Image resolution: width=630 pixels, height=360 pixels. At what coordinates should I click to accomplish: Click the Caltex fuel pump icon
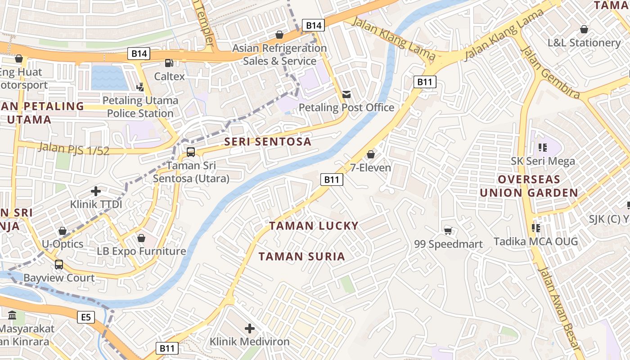169,63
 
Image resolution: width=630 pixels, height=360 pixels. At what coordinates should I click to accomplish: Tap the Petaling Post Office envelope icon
346,94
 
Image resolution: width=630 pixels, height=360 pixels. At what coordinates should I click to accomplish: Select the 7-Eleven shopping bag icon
371,155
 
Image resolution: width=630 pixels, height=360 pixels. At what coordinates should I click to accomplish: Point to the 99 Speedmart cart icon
448,231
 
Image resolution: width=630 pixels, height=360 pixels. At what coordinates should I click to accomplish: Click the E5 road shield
86,318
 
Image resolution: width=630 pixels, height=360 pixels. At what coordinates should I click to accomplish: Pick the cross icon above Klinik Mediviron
250,328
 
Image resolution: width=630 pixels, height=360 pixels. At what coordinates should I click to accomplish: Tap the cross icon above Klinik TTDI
96,191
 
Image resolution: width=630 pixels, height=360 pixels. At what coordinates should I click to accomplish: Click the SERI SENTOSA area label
268,142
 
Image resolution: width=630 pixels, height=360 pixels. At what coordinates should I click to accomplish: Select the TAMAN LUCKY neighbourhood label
314,226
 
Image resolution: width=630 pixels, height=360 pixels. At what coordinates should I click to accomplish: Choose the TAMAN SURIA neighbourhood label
302,256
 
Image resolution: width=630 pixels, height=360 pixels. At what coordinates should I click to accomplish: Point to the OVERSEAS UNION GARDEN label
529,186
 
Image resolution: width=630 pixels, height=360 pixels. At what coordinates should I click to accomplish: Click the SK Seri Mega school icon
542,148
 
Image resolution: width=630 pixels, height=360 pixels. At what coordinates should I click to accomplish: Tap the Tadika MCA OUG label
535,242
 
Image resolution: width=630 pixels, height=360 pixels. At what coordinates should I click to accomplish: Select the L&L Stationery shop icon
584,30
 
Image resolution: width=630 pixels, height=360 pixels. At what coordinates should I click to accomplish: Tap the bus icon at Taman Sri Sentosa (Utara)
191,152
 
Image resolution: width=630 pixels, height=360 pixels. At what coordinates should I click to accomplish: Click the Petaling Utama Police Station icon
140,87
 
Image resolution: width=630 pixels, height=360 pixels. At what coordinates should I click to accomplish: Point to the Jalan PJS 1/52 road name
74,148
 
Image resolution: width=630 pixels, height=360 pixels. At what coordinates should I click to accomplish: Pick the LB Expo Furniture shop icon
141,238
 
